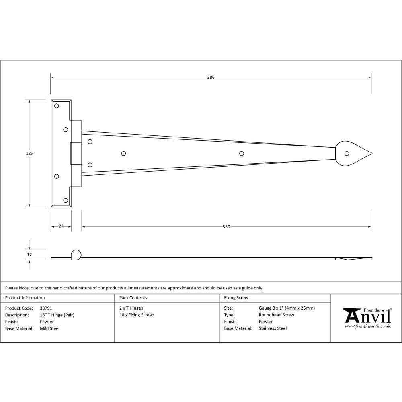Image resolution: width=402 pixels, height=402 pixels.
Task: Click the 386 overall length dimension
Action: (211, 77)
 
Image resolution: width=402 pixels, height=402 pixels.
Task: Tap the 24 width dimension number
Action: (61, 226)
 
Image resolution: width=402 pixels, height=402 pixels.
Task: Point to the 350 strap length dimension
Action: (226, 227)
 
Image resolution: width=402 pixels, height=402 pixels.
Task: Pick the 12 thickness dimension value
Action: (29, 254)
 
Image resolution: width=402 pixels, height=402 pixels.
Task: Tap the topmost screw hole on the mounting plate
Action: (57, 106)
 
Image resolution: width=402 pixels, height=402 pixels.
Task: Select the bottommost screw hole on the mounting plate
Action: (66, 200)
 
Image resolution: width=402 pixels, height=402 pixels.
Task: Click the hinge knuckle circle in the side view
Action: (76, 254)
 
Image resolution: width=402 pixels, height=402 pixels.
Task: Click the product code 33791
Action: (46, 308)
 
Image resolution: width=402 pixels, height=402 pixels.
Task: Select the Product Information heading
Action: (25, 298)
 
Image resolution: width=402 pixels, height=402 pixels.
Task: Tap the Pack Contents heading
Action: (133, 298)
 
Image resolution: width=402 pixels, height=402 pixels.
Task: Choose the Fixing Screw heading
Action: (236, 298)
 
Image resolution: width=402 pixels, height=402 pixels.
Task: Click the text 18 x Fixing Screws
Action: (137, 315)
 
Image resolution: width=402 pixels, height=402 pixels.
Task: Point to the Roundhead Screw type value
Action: (276, 315)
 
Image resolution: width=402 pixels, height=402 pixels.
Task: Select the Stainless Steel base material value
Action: (273, 328)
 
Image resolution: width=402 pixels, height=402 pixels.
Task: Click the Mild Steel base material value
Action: (50, 328)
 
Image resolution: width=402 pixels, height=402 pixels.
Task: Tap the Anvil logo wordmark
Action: (367, 316)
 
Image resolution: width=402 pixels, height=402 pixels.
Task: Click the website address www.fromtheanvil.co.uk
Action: (367, 326)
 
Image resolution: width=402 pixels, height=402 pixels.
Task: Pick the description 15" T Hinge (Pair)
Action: (57, 315)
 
